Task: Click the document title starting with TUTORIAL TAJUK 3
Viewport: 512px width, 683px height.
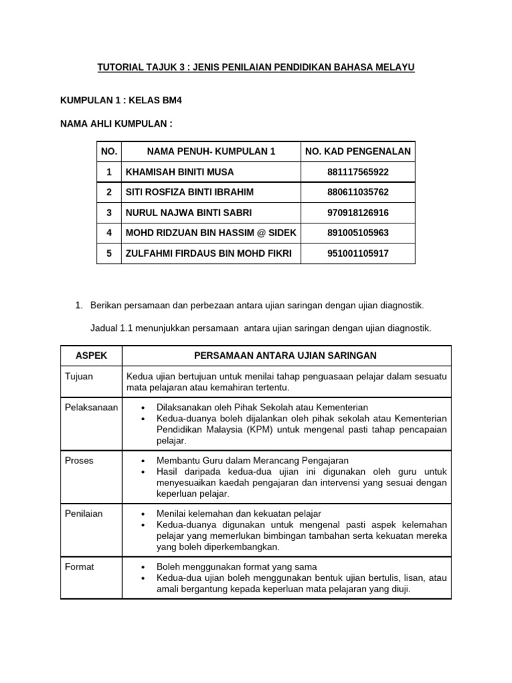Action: click(256, 68)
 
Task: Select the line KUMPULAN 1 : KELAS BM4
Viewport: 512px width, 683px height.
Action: click(121, 101)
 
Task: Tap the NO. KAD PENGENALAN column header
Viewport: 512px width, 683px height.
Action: click(358, 151)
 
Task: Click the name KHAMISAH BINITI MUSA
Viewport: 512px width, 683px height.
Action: click(180, 172)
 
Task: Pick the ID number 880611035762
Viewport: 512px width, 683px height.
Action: click(358, 192)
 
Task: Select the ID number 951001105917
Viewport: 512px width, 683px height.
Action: click(358, 253)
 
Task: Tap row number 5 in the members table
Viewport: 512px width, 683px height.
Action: click(109, 253)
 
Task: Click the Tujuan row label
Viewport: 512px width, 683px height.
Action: click(79, 377)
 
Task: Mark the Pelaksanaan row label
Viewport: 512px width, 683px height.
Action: click(90, 407)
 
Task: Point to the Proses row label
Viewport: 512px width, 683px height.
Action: click(80, 460)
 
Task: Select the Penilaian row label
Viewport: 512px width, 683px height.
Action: click(83, 514)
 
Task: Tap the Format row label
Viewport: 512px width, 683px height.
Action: click(79, 567)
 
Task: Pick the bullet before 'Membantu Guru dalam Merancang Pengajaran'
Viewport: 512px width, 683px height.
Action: click(144, 461)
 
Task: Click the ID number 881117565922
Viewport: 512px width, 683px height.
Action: click(358, 172)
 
